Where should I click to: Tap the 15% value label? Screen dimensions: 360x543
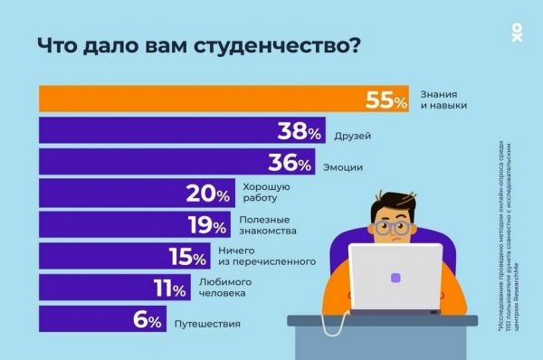188,258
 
